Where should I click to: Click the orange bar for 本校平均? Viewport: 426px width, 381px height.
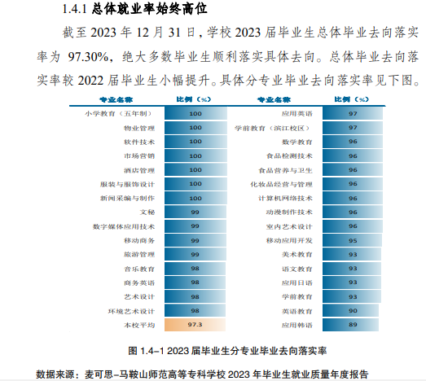[x=195, y=325]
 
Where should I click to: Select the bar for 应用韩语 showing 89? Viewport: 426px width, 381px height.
[x=351, y=325]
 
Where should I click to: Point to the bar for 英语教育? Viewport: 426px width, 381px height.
[x=352, y=311]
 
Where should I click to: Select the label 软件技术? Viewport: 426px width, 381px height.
[x=138, y=142]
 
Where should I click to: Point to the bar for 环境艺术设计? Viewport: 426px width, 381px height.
[x=195, y=311]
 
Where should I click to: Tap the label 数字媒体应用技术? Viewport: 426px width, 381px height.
[x=124, y=226]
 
